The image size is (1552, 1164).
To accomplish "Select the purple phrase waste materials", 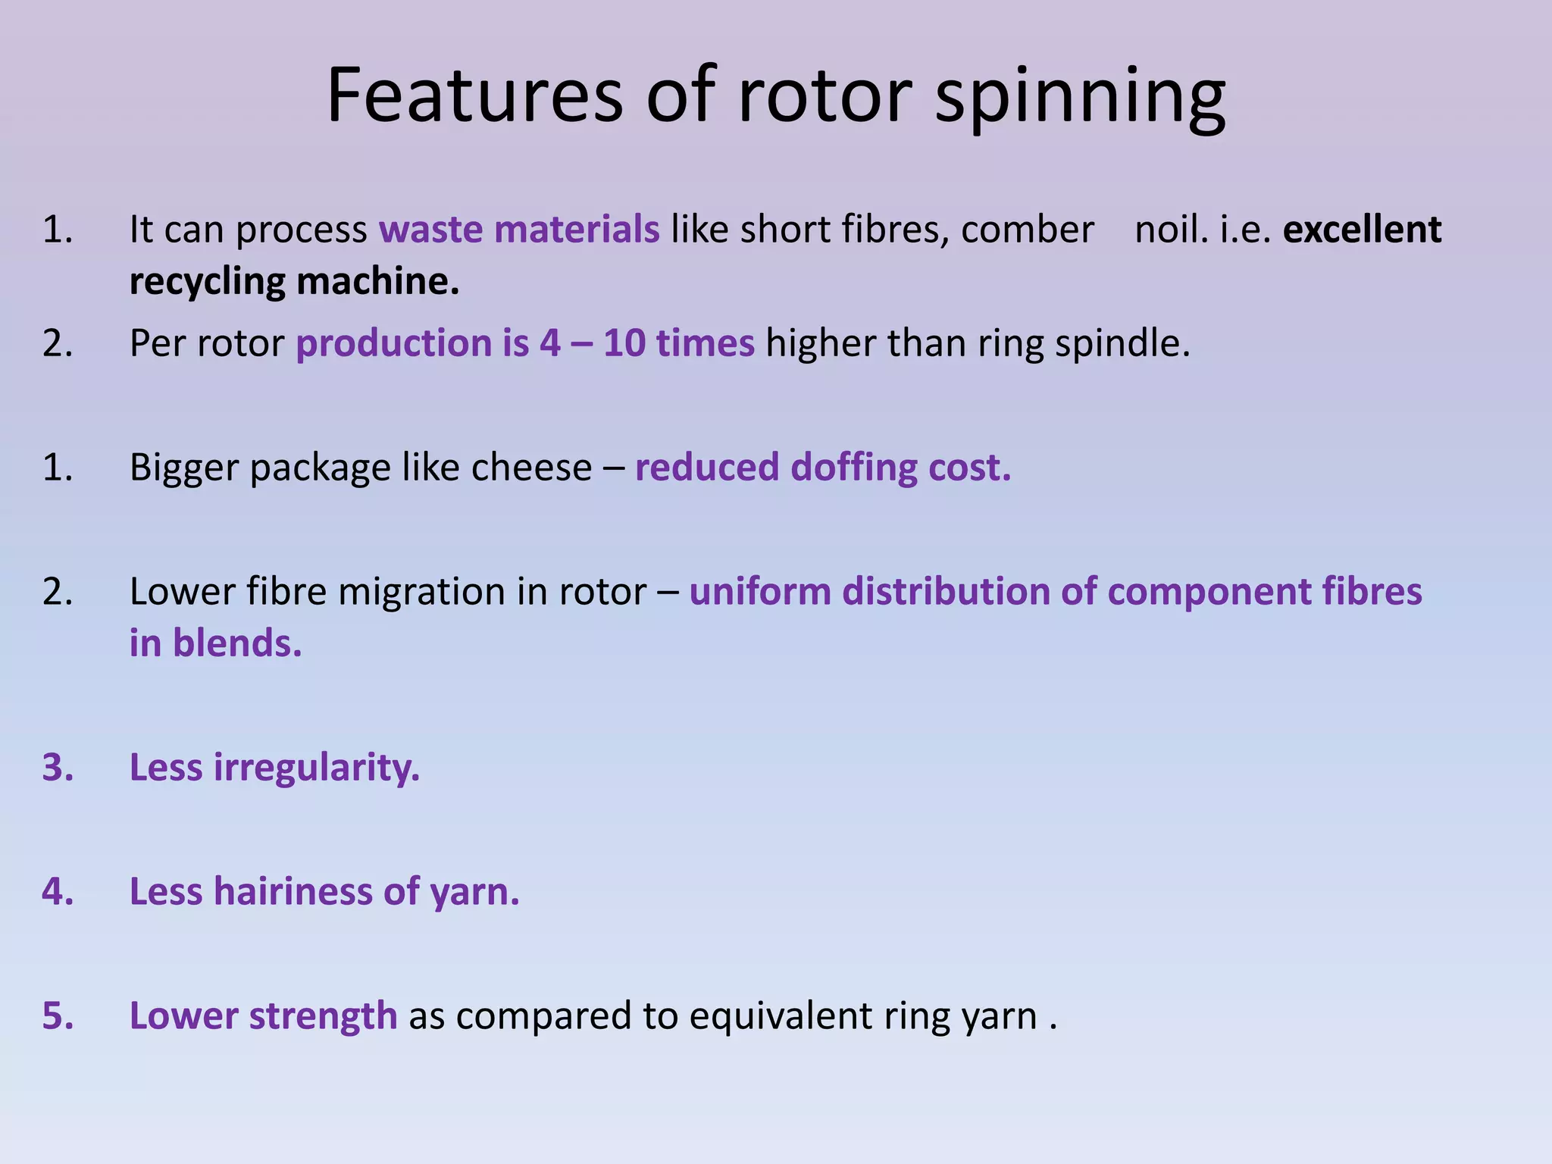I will click(519, 229).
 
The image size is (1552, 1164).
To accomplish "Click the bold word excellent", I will click(1362, 229).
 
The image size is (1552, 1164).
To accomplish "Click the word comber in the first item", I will click(1028, 229).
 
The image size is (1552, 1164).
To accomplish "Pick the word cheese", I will click(531, 467).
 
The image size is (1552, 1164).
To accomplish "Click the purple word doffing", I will click(853, 467).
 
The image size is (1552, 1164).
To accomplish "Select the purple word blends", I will click(237, 643).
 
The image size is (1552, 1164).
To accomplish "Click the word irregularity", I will click(316, 768).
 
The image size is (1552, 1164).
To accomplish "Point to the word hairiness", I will click(293, 891).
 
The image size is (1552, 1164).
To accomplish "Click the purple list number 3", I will click(58, 768).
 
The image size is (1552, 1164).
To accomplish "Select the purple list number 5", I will click(58, 1015).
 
